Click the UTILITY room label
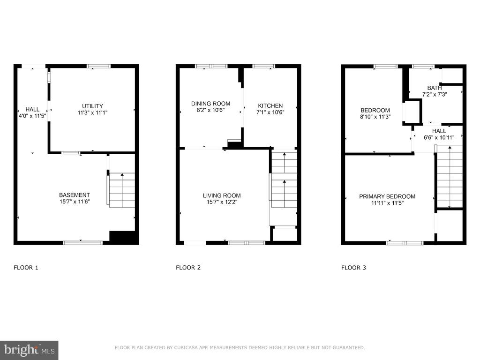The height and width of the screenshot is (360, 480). (92, 106)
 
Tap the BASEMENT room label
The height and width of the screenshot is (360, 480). (75, 195)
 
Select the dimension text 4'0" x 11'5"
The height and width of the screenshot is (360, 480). (32, 116)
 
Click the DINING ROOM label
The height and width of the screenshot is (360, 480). (210, 104)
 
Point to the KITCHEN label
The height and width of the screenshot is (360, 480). (270, 105)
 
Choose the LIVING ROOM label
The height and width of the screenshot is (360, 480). (222, 195)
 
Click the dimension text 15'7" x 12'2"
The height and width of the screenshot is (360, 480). (222, 202)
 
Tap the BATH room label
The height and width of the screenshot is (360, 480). (435, 88)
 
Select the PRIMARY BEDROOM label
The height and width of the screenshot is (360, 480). (387, 196)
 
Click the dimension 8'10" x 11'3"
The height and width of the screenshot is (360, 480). (375, 117)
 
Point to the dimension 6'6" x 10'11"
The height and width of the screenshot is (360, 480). (439, 137)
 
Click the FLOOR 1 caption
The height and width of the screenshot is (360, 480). (26, 268)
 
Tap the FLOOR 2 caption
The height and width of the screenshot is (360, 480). (188, 268)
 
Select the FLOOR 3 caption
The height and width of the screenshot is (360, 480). (353, 268)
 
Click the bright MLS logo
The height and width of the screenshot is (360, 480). (29, 350)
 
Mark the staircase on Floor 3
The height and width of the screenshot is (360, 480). (450, 177)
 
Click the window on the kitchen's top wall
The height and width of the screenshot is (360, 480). (263, 66)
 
